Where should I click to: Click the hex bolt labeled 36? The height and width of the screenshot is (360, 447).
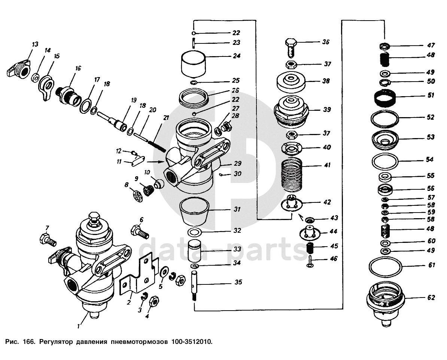(x=291, y=48)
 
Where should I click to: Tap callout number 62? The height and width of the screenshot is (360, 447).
(x=431, y=298)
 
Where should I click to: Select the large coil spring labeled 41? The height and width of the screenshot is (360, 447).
(x=291, y=175)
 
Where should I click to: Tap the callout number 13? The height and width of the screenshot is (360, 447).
(x=35, y=45)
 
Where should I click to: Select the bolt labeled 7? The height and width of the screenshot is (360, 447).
(x=48, y=239)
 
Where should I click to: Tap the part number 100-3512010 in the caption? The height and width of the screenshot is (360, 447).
(x=192, y=341)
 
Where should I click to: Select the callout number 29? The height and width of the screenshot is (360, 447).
(x=237, y=163)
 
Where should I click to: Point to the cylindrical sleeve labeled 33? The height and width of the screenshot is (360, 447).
(x=194, y=250)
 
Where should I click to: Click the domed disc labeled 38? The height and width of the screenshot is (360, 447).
(x=291, y=82)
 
